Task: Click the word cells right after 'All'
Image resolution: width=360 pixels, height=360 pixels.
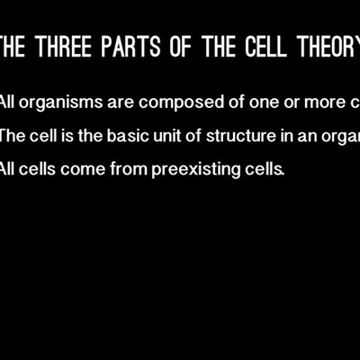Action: point(41,168)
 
